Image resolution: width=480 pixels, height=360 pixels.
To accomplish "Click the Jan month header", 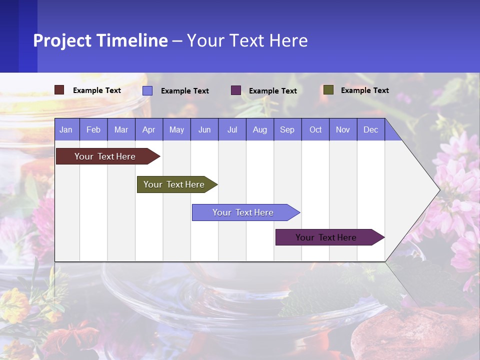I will click(66, 130).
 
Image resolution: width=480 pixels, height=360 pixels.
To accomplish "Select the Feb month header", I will click(93, 130).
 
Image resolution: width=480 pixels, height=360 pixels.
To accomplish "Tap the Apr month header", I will click(148, 130).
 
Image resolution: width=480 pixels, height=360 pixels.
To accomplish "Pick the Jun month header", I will click(204, 130).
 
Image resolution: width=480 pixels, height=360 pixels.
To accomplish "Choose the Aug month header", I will click(259, 130).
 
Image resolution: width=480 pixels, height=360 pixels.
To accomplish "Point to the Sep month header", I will click(287, 130).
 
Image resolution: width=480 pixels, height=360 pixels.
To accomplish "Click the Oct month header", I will click(315, 130).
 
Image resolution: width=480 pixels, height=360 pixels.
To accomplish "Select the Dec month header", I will click(370, 130).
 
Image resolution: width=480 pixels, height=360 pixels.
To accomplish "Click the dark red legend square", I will click(59, 90).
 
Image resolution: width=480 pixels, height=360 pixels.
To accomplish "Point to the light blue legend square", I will click(147, 90).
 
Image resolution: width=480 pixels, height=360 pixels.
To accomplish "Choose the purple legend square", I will click(236, 90).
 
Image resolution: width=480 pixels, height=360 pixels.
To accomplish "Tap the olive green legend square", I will click(328, 90).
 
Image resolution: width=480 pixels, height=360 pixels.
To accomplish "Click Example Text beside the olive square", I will click(364, 90).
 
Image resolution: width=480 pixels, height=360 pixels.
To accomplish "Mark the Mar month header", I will click(121, 130).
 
